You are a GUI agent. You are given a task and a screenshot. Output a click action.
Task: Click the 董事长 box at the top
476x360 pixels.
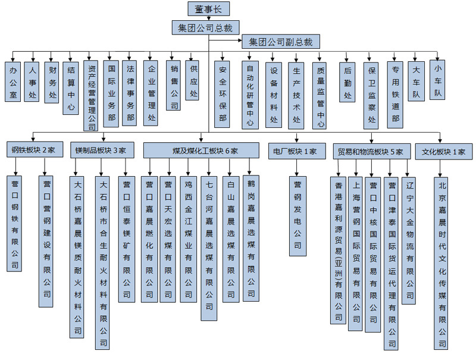point(208,9)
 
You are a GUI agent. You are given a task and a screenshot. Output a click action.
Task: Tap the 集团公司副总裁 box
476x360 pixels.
point(281,42)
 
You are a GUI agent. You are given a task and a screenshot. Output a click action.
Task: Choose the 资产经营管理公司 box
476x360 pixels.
point(91,95)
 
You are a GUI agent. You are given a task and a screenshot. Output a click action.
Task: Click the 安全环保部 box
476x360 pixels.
point(223,94)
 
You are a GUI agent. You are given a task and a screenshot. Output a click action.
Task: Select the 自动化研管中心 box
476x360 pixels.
point(250,95)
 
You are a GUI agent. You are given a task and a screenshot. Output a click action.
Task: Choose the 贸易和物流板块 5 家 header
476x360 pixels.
point(371,151)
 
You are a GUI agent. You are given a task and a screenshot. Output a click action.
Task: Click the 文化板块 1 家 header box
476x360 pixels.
point(443,151)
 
